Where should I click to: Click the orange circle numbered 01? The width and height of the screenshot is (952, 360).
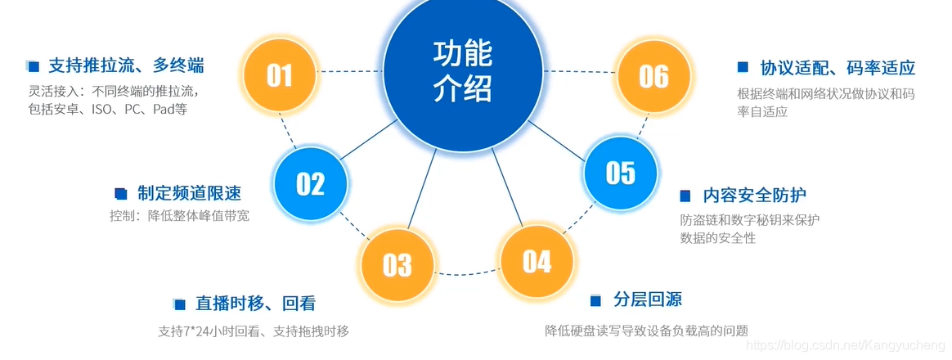pos(279,76)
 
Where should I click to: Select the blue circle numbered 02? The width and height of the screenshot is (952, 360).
pos(310,184)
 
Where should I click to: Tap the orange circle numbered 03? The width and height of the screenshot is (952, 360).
pos(397,264)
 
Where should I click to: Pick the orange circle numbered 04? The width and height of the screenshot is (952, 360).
pos(537,261)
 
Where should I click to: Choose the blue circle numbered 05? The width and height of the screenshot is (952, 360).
pos(620,173)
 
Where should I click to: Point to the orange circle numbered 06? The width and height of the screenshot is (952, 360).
pos(653,76)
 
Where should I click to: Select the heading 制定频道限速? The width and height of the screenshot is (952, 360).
pos(189,193)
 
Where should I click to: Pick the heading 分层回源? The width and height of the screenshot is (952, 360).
pos(648,299)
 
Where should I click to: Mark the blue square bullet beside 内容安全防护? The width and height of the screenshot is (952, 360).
pos(686,196)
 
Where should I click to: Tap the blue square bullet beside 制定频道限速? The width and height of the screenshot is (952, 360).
pos(121,194)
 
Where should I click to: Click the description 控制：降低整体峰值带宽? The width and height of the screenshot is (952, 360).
pos(180,216)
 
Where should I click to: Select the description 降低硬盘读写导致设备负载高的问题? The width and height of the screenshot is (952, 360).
pos(647,331)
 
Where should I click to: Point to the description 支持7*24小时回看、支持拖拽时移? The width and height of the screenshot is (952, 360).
pos(254,331)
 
